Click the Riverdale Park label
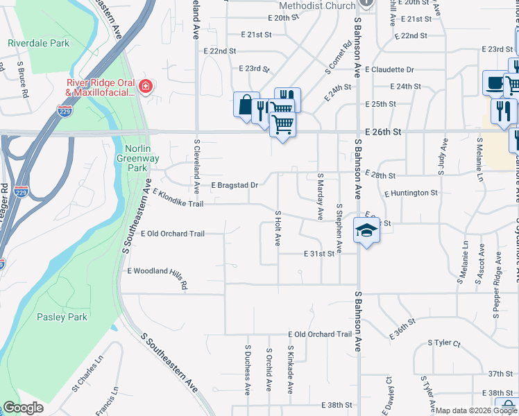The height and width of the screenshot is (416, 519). click(x=39, y=43)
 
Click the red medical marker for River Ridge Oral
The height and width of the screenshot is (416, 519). click(x=146, y=87)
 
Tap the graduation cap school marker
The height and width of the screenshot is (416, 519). click(x=366, y=231)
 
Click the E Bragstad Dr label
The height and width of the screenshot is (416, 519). click(x=235, y=185)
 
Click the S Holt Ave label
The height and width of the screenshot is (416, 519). click(x=278, y=229)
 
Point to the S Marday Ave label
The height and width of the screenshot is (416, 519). click(x=320, y=197)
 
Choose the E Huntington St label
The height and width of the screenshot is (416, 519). click(x=410, y=193)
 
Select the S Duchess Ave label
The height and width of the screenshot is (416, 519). click(x=247, y=370)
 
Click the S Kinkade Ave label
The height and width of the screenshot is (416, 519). click(x=291, y=370)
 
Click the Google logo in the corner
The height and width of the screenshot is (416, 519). click(x=23, y=408)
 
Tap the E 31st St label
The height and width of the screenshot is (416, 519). click(x=319, y=254)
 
